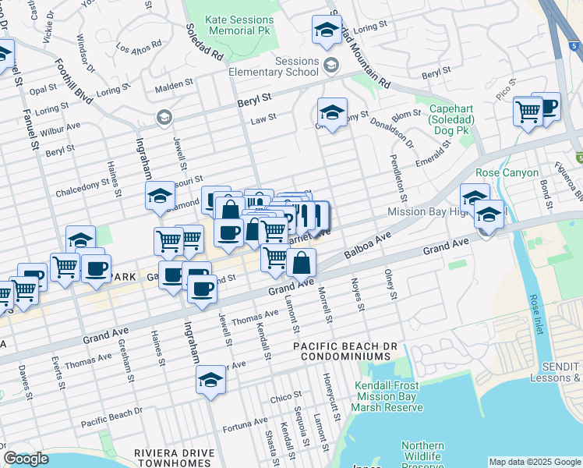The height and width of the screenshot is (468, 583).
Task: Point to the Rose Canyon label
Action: pos(507,172)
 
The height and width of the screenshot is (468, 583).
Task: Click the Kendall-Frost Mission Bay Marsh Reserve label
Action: pos(387,396)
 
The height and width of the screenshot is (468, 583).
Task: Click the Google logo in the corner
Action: pos(26,459)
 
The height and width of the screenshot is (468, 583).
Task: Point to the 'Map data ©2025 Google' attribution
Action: pos(534,462)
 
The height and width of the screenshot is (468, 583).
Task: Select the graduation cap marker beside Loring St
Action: pos(326,30)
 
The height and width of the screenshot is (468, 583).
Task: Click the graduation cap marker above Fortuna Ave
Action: pos(210,379)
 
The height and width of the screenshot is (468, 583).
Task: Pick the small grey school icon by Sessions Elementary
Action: pos(332,63)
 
